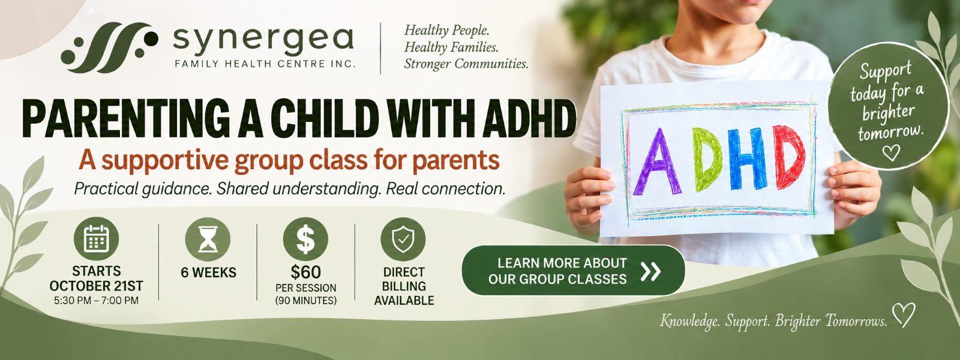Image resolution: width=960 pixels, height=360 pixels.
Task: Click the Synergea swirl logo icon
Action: (109, 47)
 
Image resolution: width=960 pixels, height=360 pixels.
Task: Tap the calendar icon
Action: (97, 239)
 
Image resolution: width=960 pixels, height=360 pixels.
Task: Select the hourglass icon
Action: (208, 239)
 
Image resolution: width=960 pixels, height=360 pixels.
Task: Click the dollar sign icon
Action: (305, 239)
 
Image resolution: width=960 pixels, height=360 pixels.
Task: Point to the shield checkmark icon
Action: (403, 239)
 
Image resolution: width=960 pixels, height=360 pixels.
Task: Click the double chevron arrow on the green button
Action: (650, 271)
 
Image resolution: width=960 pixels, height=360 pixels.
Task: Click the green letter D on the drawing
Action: (708, 158)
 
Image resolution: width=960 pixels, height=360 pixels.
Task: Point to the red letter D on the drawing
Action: (788, 157)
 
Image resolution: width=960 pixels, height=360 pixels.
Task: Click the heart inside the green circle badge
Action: (892, 152)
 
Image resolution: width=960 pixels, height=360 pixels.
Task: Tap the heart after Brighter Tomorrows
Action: (904, 315)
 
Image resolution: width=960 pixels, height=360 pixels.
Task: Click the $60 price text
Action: (305, 272)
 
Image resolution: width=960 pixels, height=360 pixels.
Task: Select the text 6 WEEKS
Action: (208, 272)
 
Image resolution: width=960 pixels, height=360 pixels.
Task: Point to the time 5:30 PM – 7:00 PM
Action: (97, 301)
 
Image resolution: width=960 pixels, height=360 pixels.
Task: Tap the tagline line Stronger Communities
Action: (466, 64)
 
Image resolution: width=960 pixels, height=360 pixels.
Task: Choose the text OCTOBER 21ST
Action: (97, 286)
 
